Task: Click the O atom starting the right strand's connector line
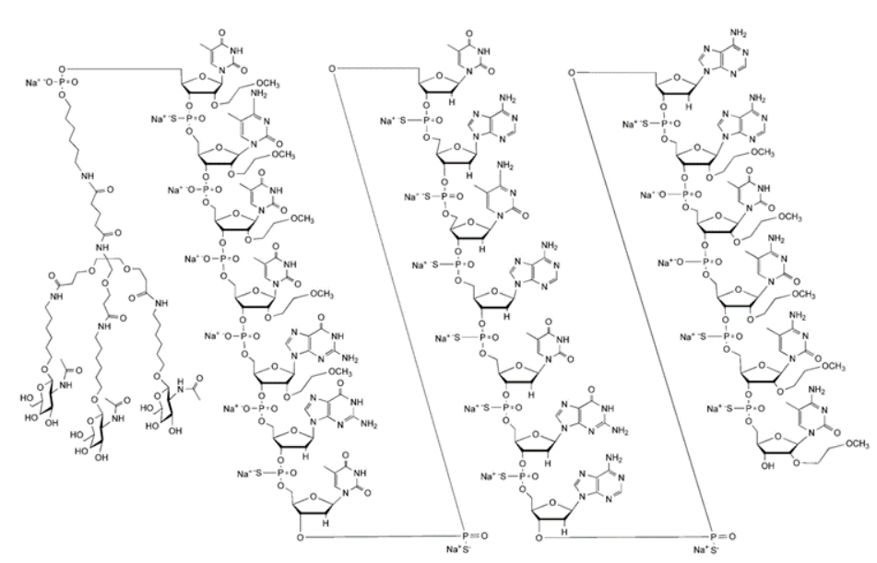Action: (x=573, y=70)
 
